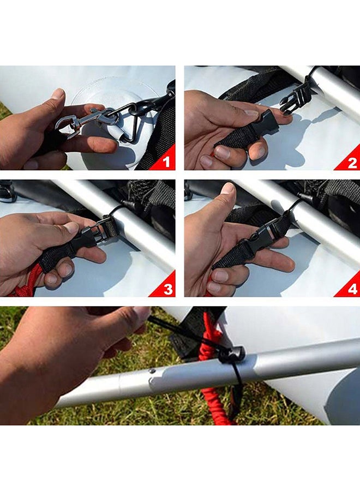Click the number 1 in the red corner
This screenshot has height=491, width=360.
coord(166,162)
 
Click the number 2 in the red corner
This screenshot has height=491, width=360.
coord(352,163)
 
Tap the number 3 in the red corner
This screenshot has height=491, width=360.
coord(168,289)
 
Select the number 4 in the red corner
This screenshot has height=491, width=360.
coord(352,289)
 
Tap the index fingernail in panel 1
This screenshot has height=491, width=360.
coord(58,93)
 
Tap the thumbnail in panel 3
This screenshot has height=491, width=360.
coord(71,227)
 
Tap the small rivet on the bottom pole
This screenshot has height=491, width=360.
coord(152,372)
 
